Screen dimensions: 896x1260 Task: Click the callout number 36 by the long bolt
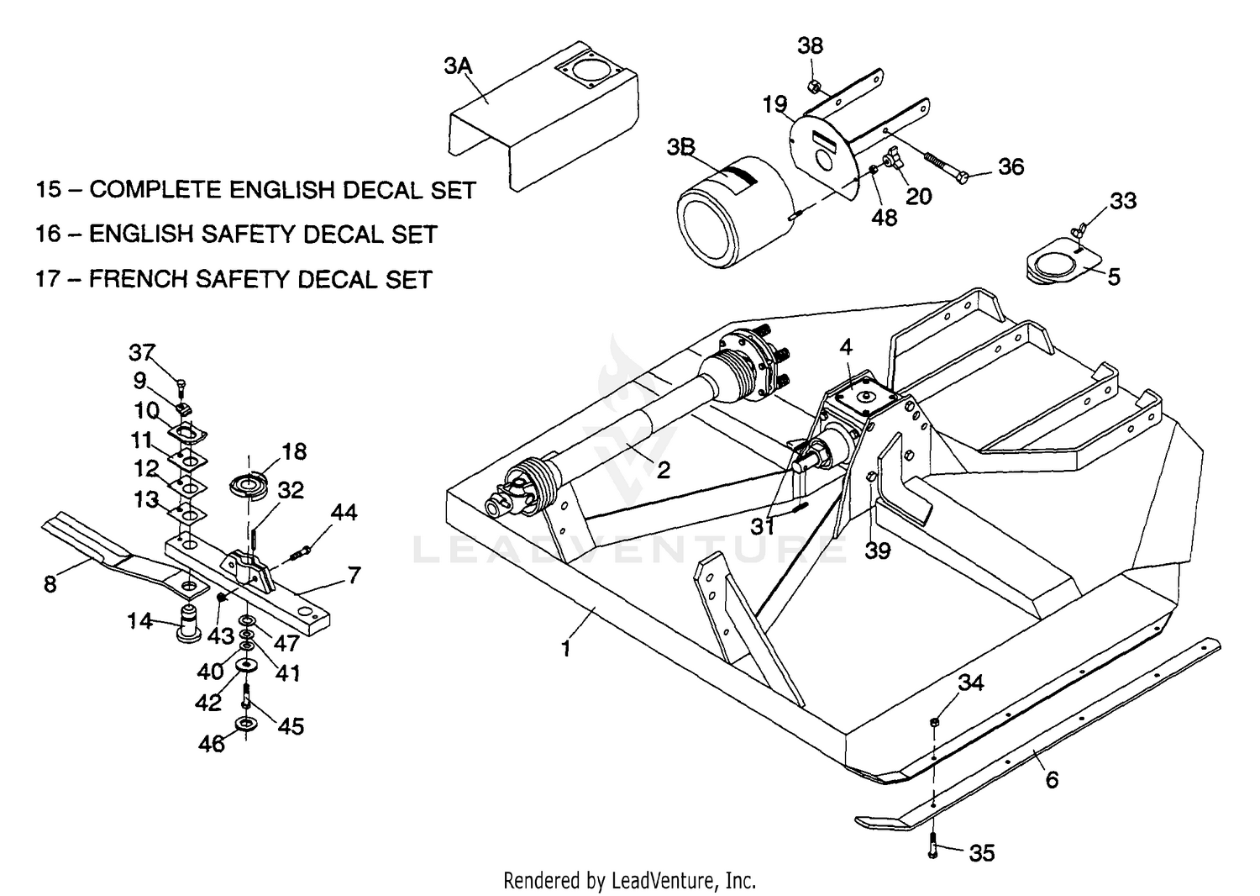pyautogui.click(x=1011, y=166)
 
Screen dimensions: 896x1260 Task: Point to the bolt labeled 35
pyautogui.click(x=933, y=844)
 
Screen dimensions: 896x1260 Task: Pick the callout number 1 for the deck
pyautogui.click(x=566, y=648)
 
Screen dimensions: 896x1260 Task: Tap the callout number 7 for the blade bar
pyautogui.click(x=354, y=576)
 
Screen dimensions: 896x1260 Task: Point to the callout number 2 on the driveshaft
pyautogui.click(x=663, y=470)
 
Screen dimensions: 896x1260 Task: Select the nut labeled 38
pyautogui.click(x=813, y=86)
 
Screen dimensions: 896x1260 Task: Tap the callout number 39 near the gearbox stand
pyautogui.click(x=878, y=551)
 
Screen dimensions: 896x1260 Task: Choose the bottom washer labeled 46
pyautogui.click(x=246, y=724)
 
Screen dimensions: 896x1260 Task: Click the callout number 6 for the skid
pyautogui.click(x=1051, y=779)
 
